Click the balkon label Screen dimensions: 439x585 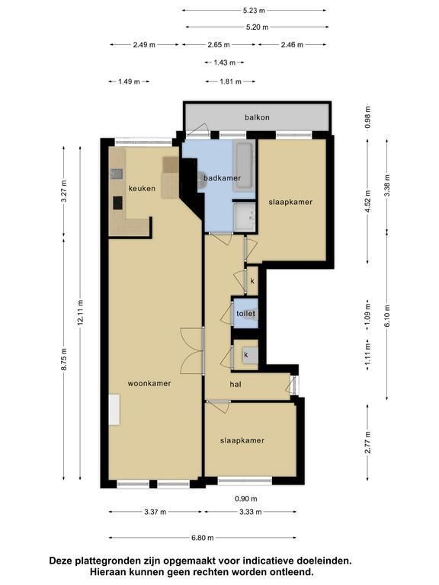[257, 117]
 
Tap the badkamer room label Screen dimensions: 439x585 [222, 178]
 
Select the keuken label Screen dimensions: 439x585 [142, 188]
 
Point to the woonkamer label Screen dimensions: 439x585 [149, 383]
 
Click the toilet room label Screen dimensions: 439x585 [245, 313]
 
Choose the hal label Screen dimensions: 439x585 [236, 384]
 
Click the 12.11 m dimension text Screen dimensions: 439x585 [80, 312]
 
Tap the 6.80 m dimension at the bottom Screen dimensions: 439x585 [202, 538]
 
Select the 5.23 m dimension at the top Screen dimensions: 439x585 [254, 11]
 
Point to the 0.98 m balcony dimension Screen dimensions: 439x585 [368, 117]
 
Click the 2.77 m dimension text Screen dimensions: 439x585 [368, 443]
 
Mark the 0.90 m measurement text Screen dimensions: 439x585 [246, 499]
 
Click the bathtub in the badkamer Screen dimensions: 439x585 [243, 165]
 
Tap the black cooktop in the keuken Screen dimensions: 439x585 [118, 203]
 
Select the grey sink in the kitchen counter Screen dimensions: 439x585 [116, 174]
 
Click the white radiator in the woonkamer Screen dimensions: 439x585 [114, 410]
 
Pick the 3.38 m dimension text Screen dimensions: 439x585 [387, 186]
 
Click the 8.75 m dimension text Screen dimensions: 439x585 [63, 360]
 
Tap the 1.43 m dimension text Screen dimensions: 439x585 [224, 62]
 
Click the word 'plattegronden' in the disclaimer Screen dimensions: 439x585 [107, 561]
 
